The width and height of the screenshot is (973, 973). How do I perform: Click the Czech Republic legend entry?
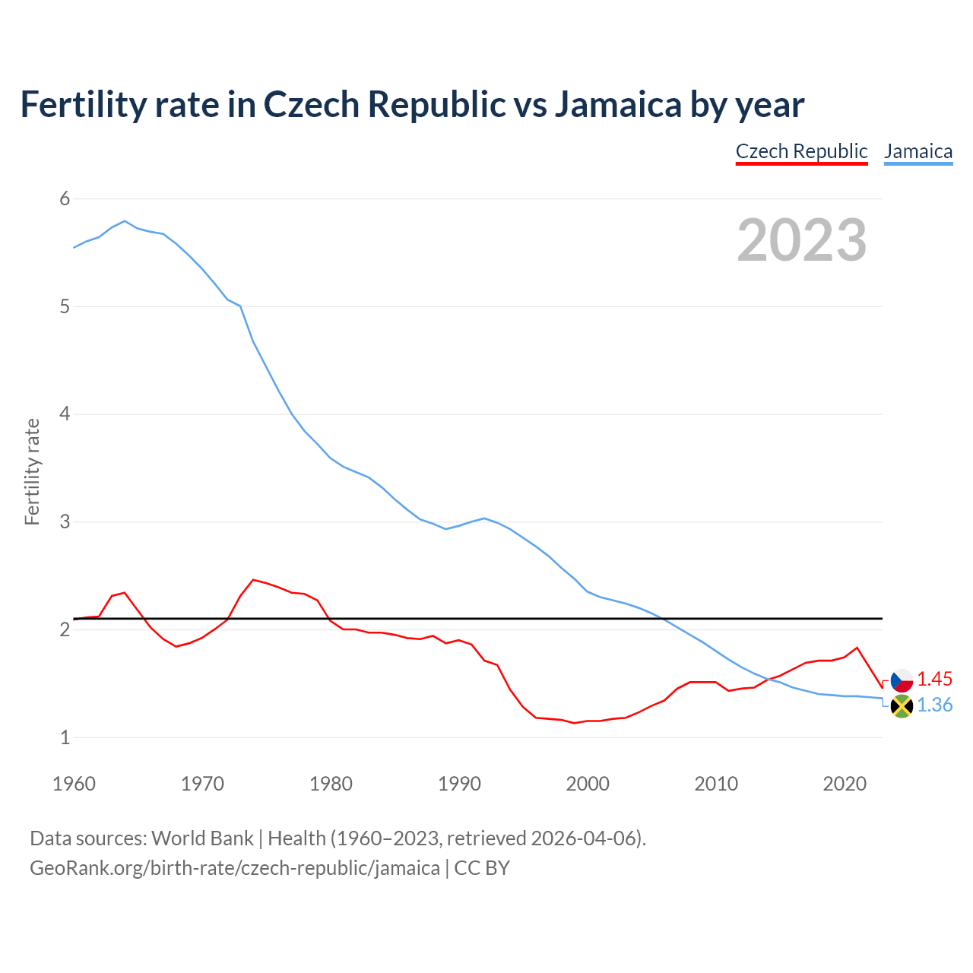(x=801, y=151)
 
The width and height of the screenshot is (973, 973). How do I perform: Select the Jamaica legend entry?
(x=918, y=151)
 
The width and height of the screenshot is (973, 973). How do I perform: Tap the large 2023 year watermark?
(x=801, y=240)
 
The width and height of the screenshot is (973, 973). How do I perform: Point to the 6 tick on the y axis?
(x=65, y=199)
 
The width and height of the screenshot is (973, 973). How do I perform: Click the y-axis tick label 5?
(x=65, y=307)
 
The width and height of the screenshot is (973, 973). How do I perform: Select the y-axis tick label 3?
(x=65, y=522)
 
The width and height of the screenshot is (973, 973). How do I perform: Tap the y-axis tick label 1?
(x=65, y=737)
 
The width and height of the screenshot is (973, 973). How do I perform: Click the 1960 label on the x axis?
(x=74, y=784)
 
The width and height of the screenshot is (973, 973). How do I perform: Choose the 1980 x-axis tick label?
(x=331, y=784)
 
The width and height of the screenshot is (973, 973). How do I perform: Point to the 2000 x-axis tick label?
(x=588, y=784)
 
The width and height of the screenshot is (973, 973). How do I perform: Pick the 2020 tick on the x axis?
(x=845, y=784)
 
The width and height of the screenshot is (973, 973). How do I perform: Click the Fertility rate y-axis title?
(x=32, y=471)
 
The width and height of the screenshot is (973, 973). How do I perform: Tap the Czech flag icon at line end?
(x=902, y=680)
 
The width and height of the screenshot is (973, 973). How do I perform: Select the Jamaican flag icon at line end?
(x=902, y=706)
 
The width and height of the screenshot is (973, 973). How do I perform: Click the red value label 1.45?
(x=934, y=679)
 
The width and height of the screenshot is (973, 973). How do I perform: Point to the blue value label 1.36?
(x=934, y=705)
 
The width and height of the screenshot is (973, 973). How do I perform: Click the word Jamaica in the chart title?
(x=617, y=105)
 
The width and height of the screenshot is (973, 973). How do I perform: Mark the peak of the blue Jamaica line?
(x=125, y=221)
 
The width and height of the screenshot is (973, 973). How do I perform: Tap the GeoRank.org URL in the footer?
(x=234, y=868)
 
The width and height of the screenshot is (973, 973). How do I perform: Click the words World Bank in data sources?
(x=202, y=838)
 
